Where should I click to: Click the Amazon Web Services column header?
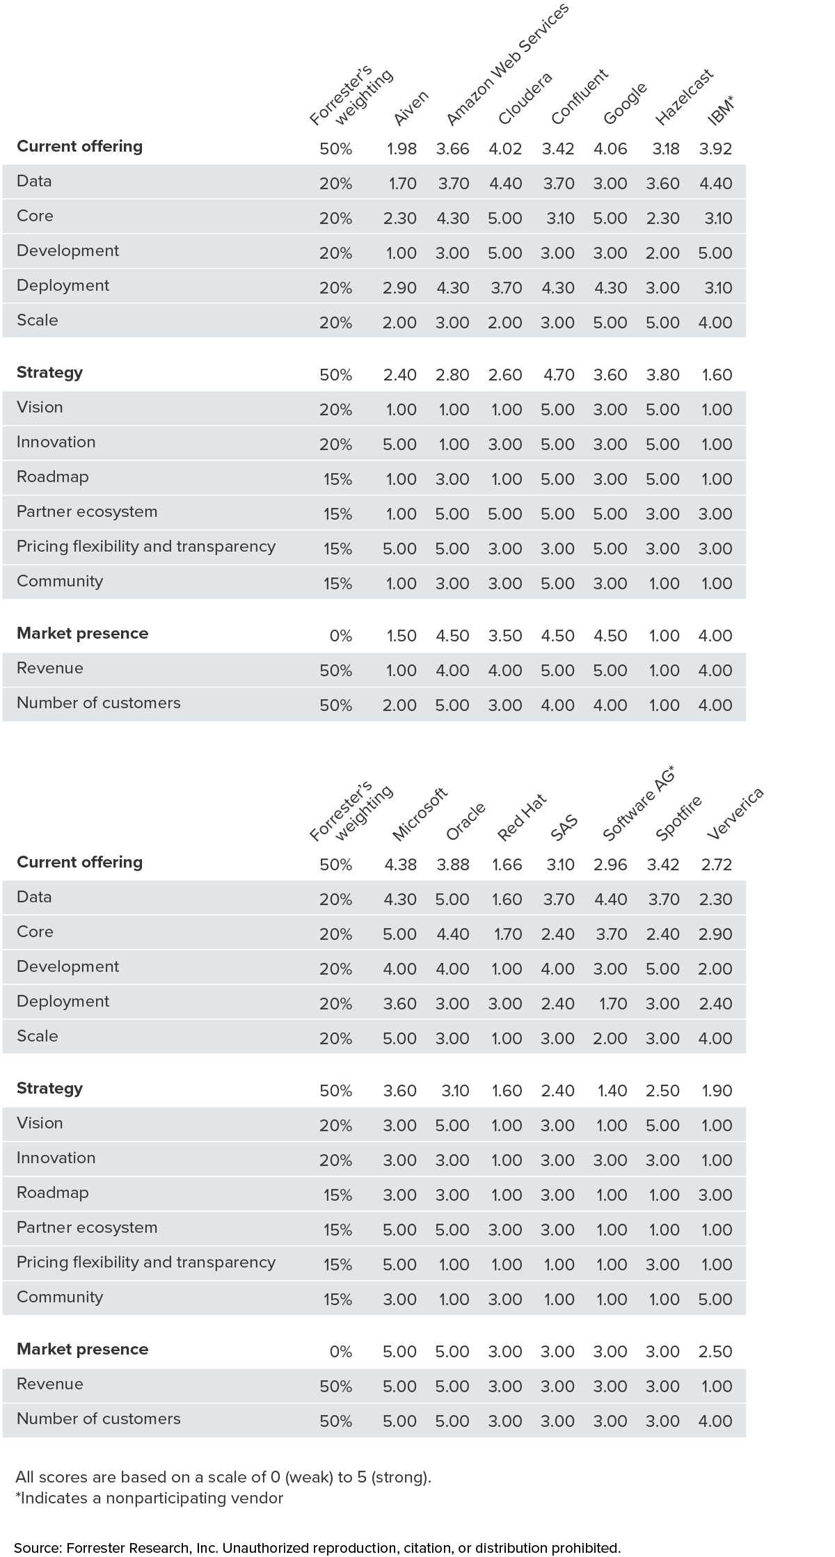(x=507, y=64)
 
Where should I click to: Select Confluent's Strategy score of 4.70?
(x=558, y=375)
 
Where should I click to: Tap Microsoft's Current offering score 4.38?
(x=400, y=865)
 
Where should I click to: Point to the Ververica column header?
(x=735, y=813)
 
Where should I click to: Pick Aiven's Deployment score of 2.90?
(x=400, y=288)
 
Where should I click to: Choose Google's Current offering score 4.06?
(x=610, y=149)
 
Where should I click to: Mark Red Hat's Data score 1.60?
(x=507, y=900)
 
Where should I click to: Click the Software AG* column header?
(x=639, y=802)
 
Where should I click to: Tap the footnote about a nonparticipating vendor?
(x=150, y=1498)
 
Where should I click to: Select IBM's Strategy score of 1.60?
(x=717, y=375)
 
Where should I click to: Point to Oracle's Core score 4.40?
(x=453, y=934)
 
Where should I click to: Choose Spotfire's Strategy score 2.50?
(x=663, y=1091)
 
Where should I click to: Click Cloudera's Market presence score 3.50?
(x=505, y=636)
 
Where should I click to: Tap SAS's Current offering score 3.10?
(x=559, y=865)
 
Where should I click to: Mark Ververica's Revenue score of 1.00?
(x=717, y=1387)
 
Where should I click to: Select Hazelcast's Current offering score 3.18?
(x=664, y=149)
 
